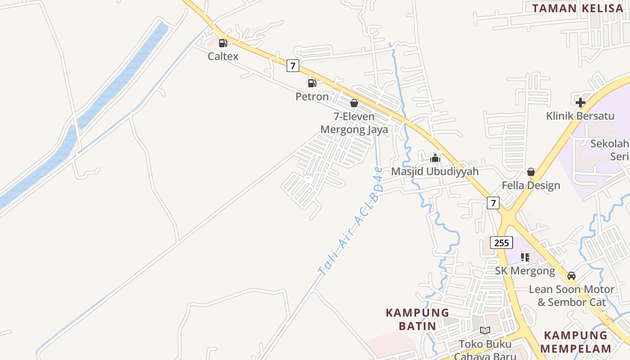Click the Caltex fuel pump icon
coord(223,43)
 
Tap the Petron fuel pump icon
coord(312,83)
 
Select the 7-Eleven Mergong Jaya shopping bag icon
coord(354,103)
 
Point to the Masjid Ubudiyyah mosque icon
coord(435,158)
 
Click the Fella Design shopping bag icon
coord(531,172)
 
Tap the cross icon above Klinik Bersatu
coord(580,102)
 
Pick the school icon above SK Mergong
coord(525,257)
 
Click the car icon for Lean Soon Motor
coord(571,275)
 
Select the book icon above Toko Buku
coord(485,331)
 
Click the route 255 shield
coord(501,243)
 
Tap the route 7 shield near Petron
coord(292,66)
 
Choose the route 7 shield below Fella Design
coord(493,203)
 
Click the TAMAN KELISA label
coord(577,8)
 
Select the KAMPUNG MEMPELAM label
coord(576,342)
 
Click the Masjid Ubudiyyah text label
coord(435,171)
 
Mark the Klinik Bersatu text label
coord(580,116)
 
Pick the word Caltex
coord(223,56)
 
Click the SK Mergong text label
coord(525,271)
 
